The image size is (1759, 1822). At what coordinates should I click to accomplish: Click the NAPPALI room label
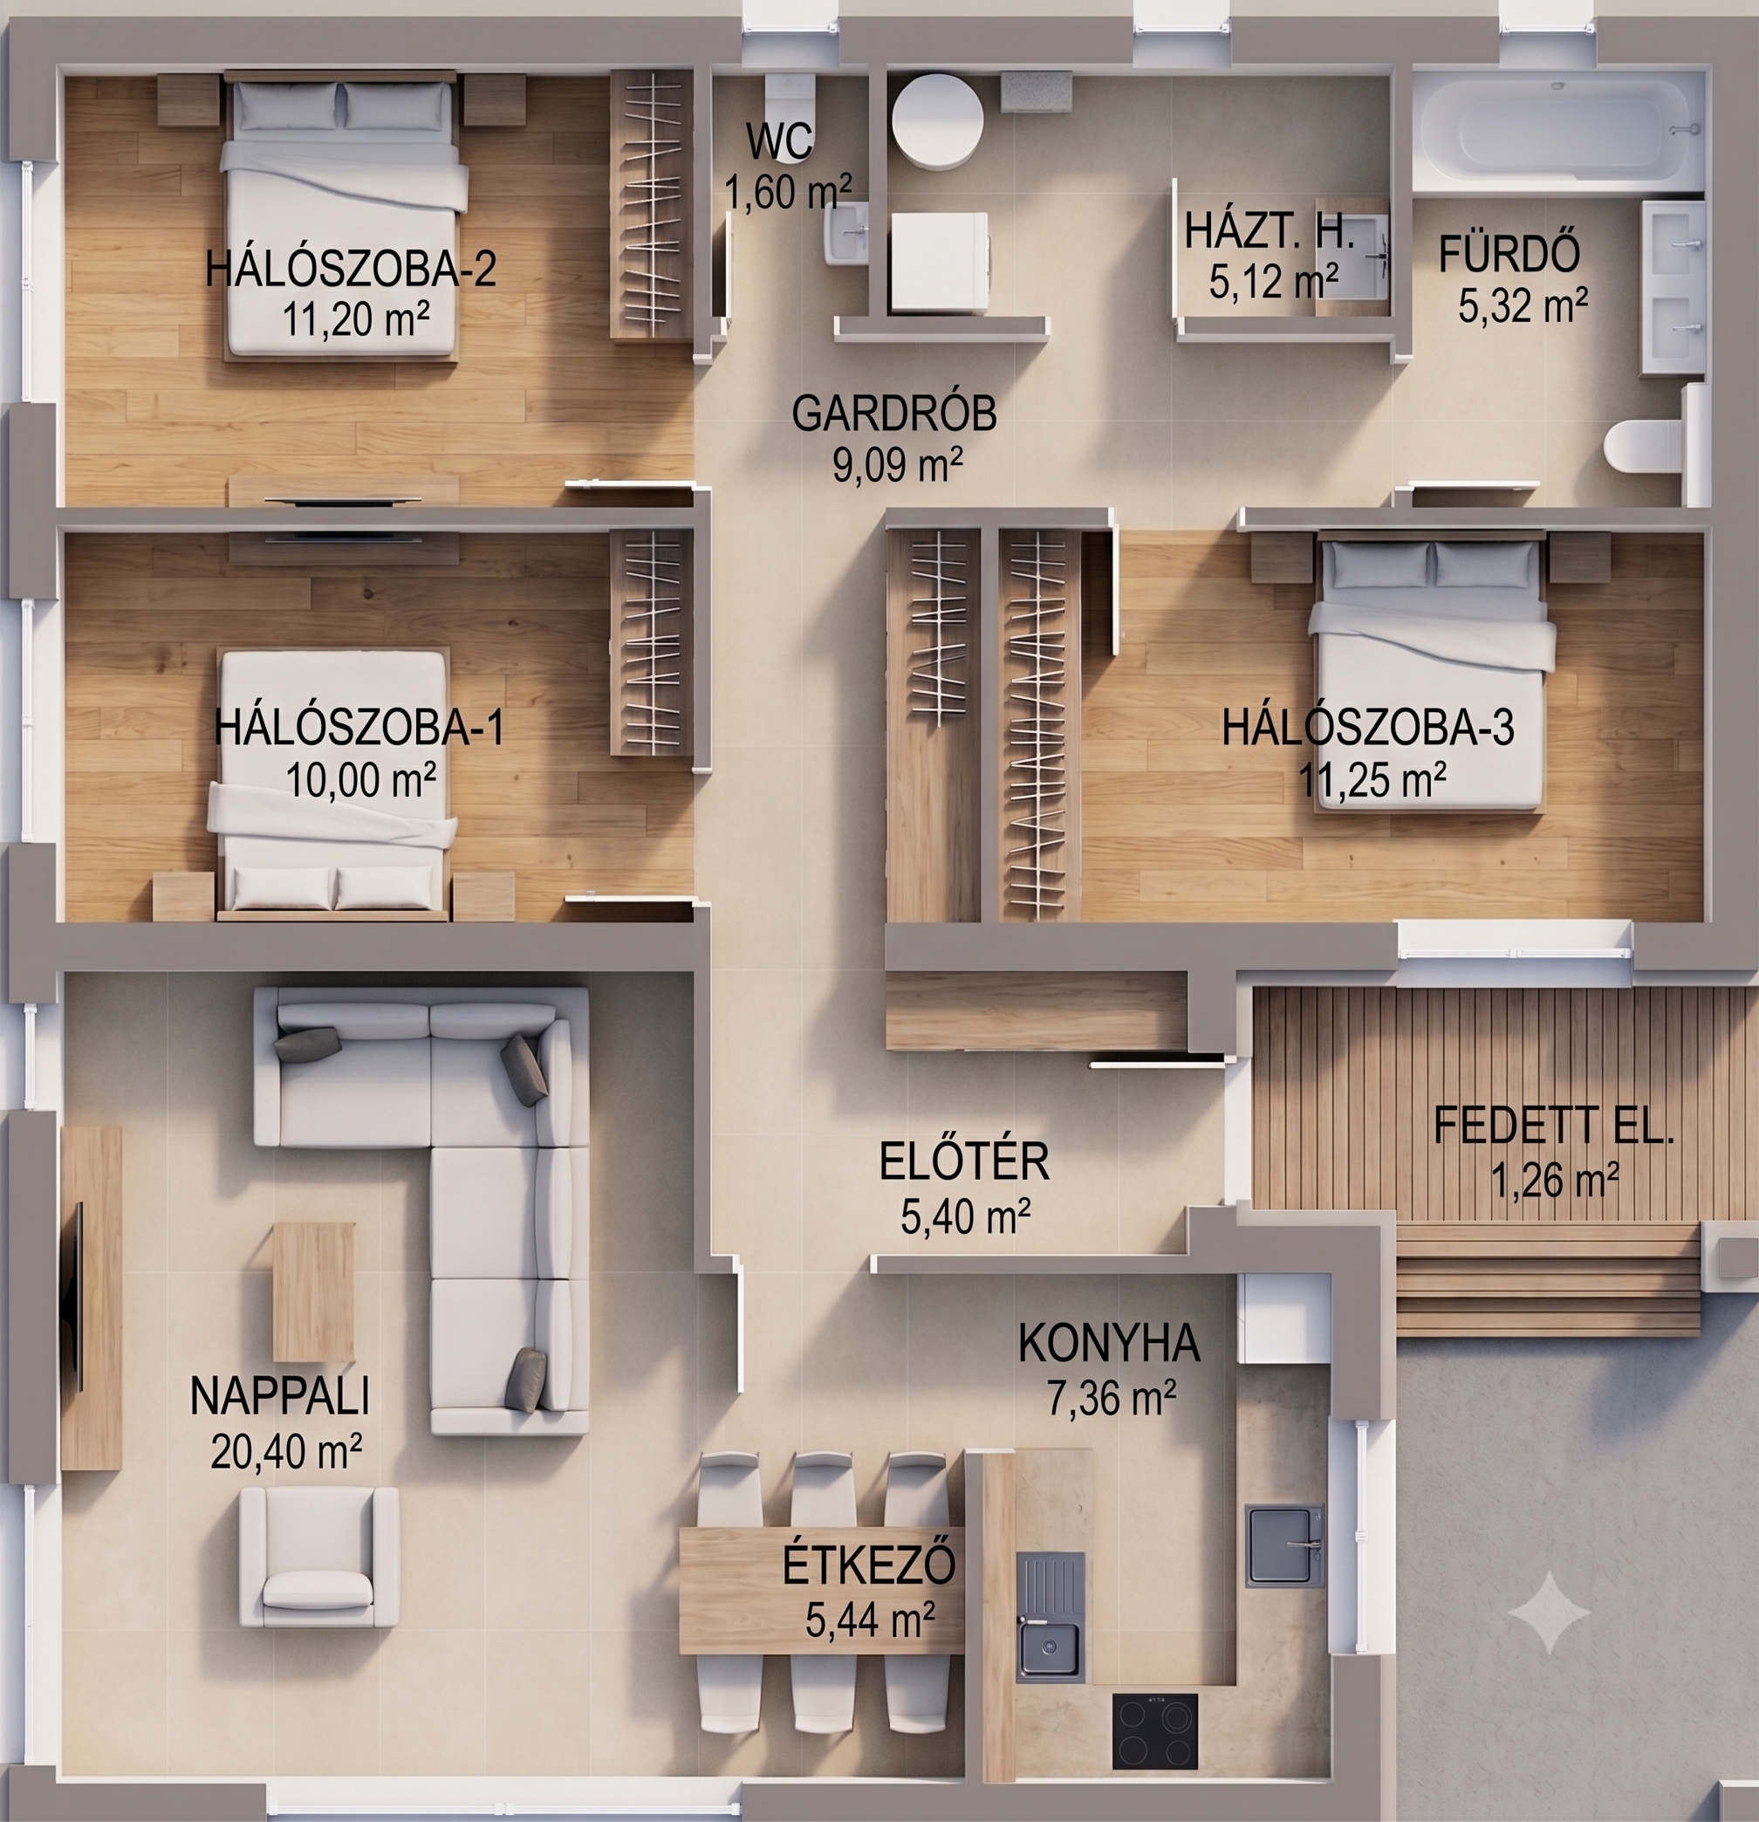point(280,1396)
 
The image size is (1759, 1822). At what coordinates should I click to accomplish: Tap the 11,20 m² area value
point(355,319)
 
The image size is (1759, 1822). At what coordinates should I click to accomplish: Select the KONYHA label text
point(1109,1343)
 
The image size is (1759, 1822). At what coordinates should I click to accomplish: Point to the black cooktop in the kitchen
point(1154,1731)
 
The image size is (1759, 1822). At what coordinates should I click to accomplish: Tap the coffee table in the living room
point(313,1291)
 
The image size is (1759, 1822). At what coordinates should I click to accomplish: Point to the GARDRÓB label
point(894,414)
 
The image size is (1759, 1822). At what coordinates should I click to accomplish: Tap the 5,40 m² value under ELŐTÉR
point(965,1216)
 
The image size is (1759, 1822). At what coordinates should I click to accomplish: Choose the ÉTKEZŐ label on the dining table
point(868,1565)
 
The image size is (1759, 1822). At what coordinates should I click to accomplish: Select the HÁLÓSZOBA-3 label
point(1367,727)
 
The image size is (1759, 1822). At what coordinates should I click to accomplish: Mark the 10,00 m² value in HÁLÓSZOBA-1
point(360,780)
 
